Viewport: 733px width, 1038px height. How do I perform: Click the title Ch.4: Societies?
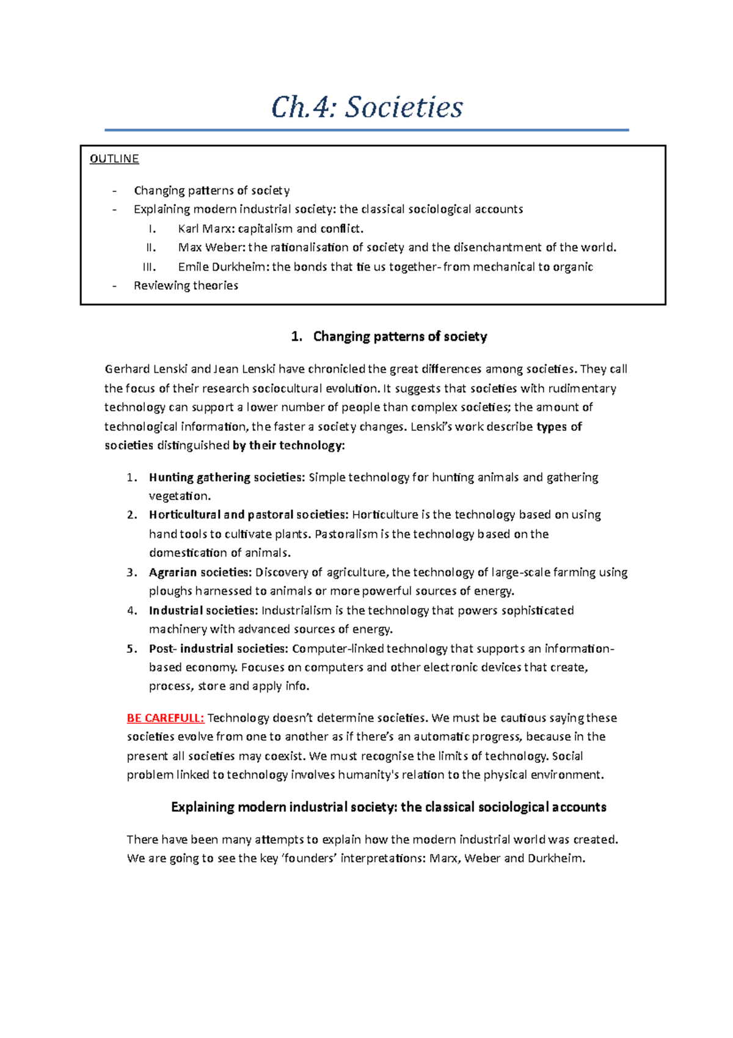click(367, 108)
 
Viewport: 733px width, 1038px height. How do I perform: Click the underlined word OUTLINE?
click(114, 159)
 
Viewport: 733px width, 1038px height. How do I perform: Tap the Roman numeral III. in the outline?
click(149, 267)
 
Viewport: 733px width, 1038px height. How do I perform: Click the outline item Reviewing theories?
click(186, 285)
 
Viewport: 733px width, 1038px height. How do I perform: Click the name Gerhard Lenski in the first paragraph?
click(146, 369)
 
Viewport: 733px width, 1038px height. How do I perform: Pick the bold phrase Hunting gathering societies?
click(227, 477)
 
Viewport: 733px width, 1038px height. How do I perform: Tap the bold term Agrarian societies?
click(200, 572)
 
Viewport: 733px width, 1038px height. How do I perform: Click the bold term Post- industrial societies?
click(218, 649)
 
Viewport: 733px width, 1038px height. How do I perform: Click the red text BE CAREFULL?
click(166, 718)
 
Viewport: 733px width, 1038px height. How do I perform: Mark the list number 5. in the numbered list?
click(132, 649)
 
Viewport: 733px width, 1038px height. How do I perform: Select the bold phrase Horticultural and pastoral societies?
click(249, 515)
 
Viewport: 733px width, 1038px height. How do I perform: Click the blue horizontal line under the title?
click(366, 130)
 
